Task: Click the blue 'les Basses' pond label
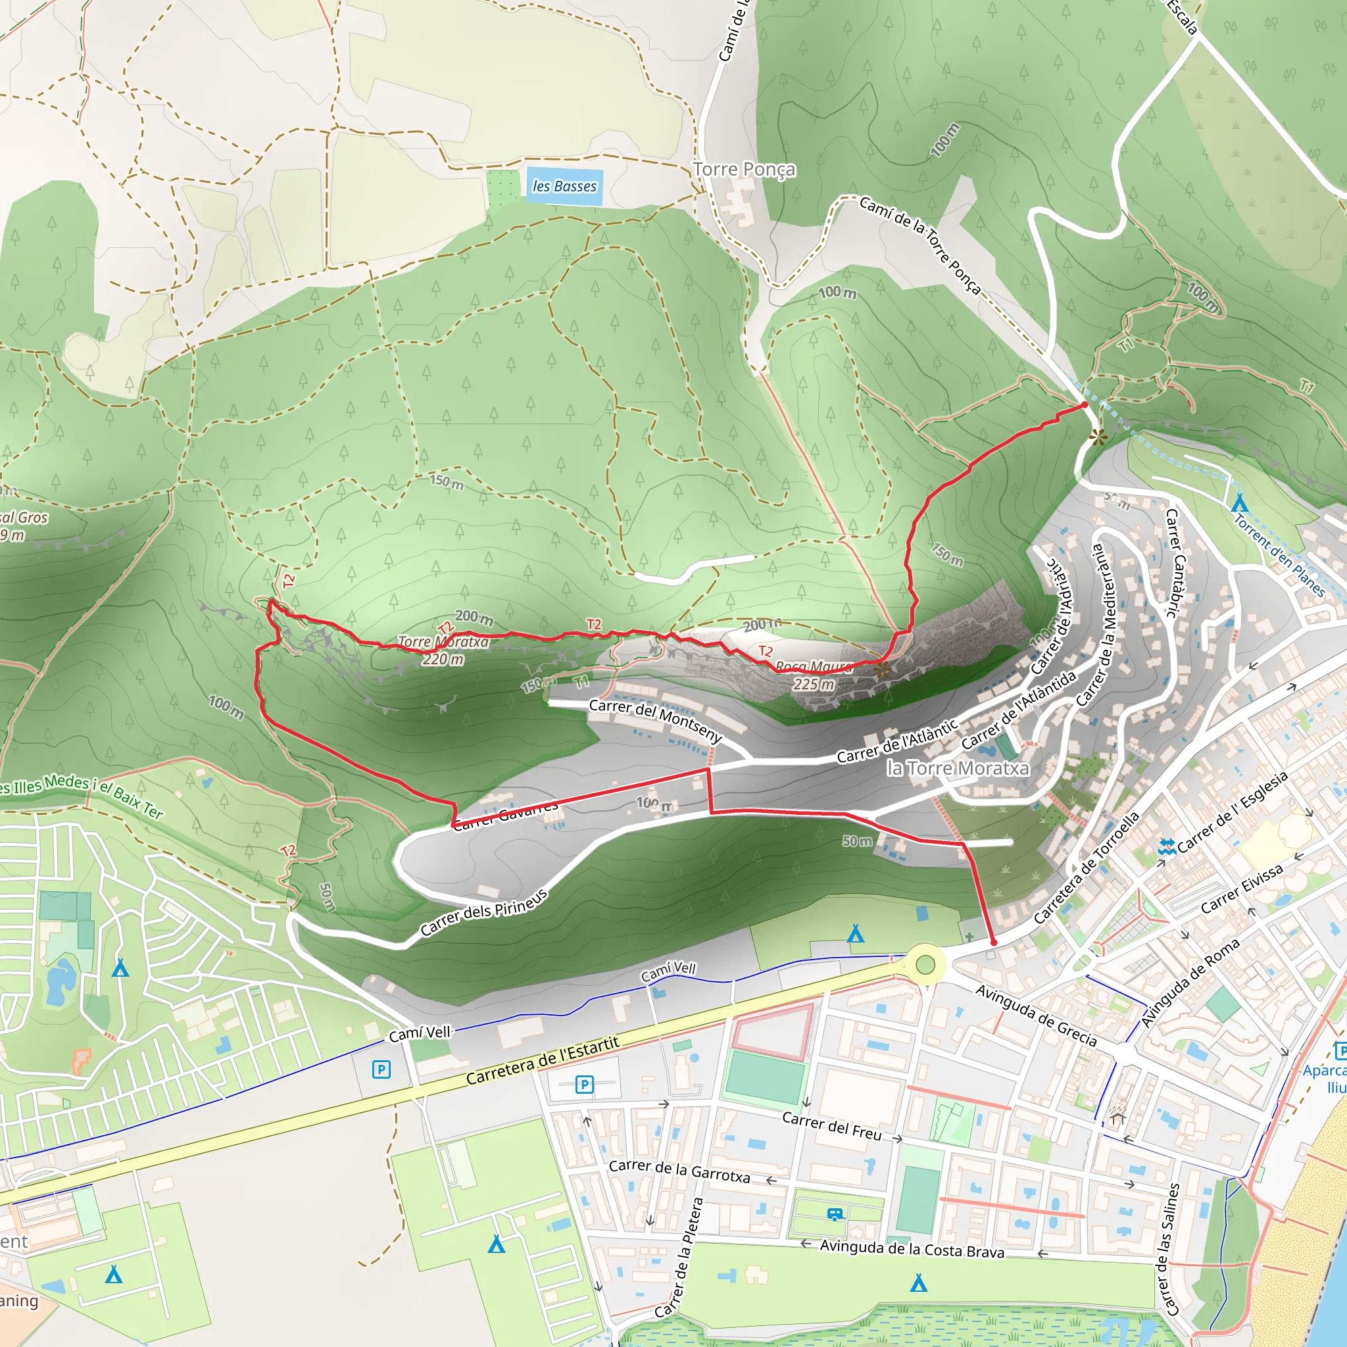564,186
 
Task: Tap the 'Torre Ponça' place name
744,170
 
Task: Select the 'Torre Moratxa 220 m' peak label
443,650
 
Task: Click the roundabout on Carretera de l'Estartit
925,965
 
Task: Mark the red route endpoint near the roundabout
994,943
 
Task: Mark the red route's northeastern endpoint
1084,404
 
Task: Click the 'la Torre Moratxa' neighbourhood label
958,768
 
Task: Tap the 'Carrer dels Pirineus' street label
484,912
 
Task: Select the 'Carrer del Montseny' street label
654,720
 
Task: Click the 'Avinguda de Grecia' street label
1035,1015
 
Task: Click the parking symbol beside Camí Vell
381,1069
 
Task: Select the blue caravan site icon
835,1214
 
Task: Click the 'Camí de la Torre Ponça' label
920,245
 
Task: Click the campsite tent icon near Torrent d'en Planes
1239,502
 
